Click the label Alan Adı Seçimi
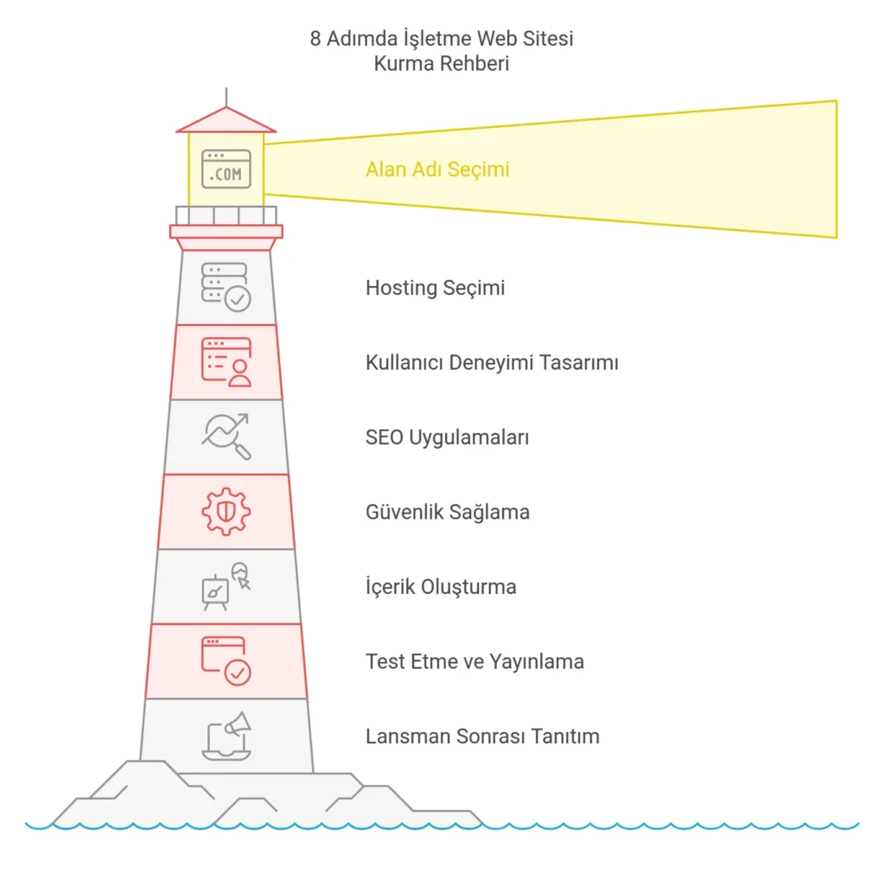pos(437,169)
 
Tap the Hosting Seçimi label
pos(435,288)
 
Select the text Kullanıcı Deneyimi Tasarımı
pos(492,362)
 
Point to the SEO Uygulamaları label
pos(447,437)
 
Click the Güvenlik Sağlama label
pos(448,512)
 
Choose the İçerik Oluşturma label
pos(441,587)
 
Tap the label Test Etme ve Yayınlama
pos(474,662)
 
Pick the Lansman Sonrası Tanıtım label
pos(482,737)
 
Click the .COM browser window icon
pos(226,169)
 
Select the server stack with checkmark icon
pos(226,287)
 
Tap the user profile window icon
pos(226,361)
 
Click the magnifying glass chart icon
pos(226,437)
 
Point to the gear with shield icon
pos(226,511)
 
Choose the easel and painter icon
pos(225,586)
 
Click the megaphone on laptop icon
pos(226,737)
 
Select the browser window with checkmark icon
pos(226,661)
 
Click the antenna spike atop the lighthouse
pos(226,96)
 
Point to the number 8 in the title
pos(315,39)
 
